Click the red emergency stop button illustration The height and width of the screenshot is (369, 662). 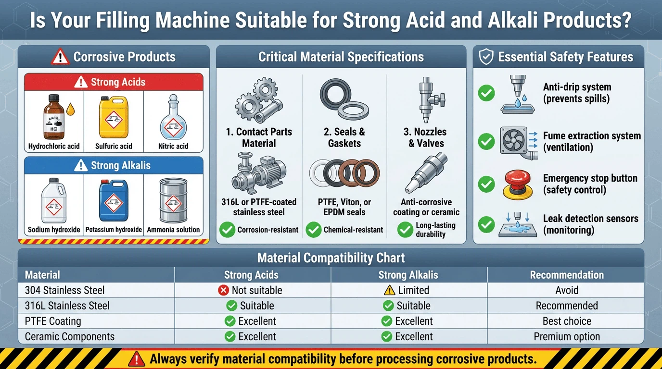(x=518, y=185)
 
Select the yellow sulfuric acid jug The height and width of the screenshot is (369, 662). (x=114, y=117)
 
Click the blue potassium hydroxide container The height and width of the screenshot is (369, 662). (x=114, y=200)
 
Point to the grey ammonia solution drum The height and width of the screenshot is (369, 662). (x=174, y=200)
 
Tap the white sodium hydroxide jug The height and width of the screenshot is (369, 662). (x=54, y=200)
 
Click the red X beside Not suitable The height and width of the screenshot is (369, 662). (x=223, y=290)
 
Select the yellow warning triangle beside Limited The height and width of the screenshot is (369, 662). (x=390, y=290)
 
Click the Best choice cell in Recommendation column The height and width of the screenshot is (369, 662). (x=567, y=321)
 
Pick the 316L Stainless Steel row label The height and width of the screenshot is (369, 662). (x=67, y=306)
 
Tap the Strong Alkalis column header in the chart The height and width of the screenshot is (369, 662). (x=408, y=275)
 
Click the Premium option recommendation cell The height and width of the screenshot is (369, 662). (x=567, y=336)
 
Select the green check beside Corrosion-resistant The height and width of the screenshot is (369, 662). (x=227, y=230)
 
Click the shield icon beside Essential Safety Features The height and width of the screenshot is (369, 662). (x=486, y=57)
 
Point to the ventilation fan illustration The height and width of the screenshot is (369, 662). (x=514, y=140)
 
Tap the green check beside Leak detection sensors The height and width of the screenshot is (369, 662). (x=486, y=224)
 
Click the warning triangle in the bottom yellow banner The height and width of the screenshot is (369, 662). (x=137, y=359)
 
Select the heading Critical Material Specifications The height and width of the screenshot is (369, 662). (x=341, y=57)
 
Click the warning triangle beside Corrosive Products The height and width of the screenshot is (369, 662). (x=60, y=56)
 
